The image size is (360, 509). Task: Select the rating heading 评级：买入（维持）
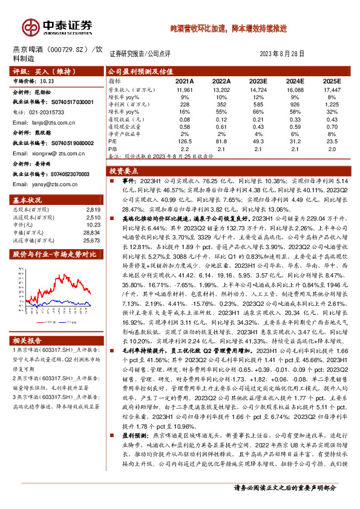pyautogui.click(x=41, y=71)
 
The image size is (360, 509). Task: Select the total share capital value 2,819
pyautogui.click(x=93, y=209)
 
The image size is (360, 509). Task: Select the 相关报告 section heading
pyautogui.click(x=27, y=340)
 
